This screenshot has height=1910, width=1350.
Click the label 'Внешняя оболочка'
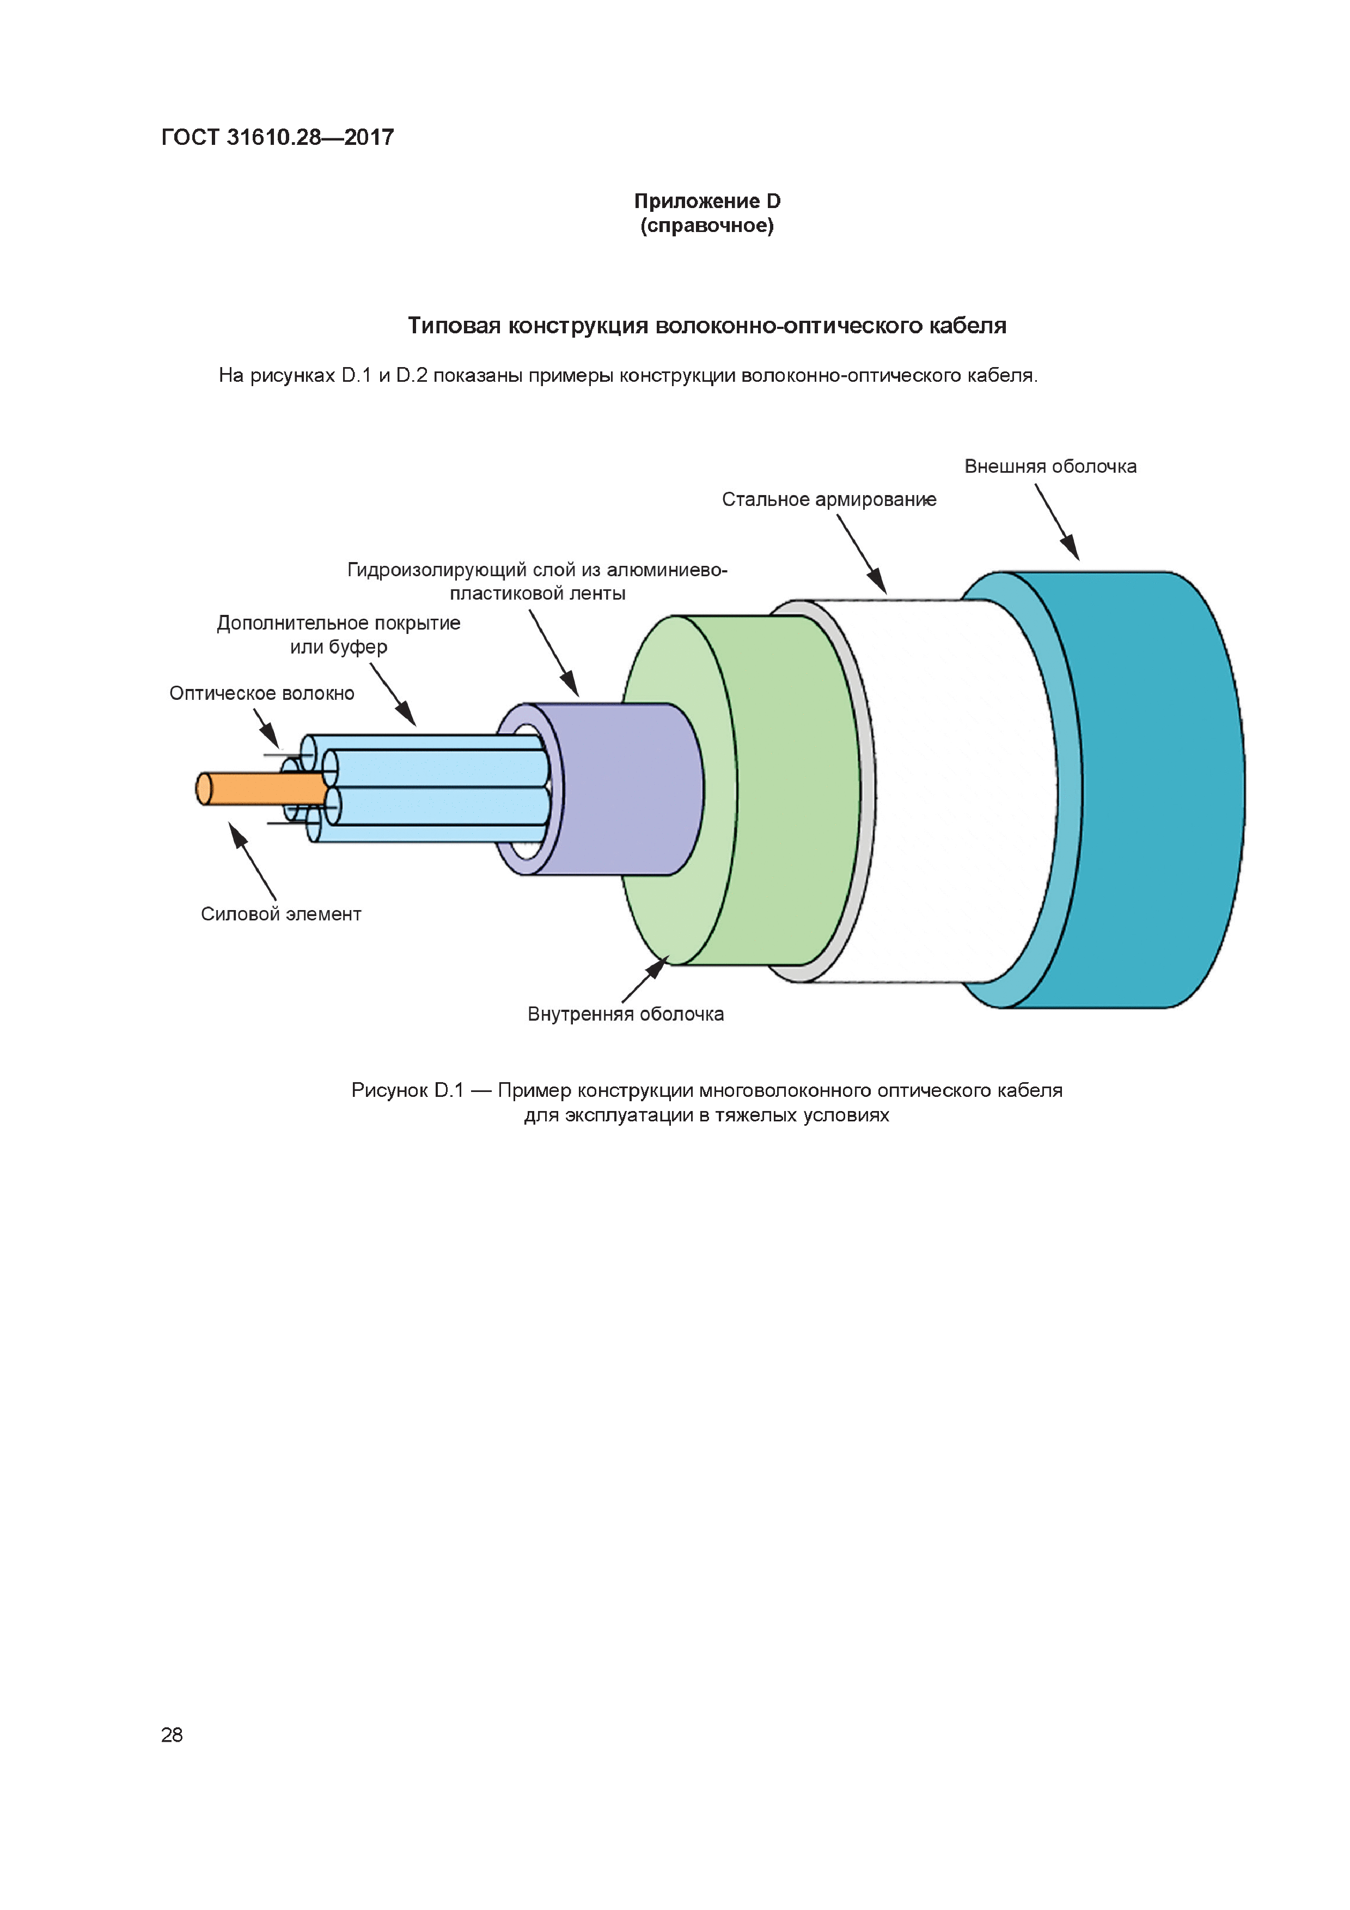tap(1050, 467)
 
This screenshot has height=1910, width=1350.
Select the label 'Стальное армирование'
tap(828, 500)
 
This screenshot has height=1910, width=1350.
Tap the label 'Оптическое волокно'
tap(261, 694)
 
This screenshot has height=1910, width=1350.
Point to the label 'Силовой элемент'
tap(281, 914)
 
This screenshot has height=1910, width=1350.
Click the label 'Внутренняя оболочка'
tap(626, 1014)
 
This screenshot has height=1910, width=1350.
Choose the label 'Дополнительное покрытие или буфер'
tap(339, 634)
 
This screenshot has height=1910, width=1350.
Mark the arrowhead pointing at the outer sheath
tap(1071, 549)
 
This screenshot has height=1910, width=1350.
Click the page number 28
tap(172, 1735)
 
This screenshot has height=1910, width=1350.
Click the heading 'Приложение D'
tap(707, 202)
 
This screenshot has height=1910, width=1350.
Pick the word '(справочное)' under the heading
tap(707, 226)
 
